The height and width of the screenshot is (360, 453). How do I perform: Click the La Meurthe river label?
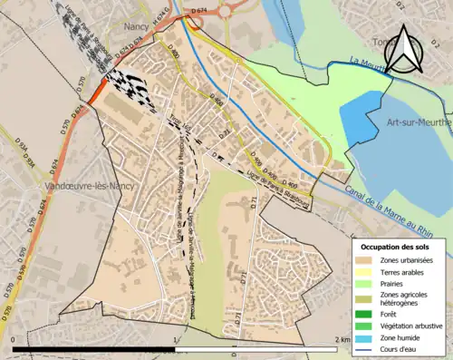(361, 63)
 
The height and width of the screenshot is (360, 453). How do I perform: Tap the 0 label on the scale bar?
(14, 340)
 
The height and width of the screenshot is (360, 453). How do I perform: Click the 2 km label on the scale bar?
(342, 340)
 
